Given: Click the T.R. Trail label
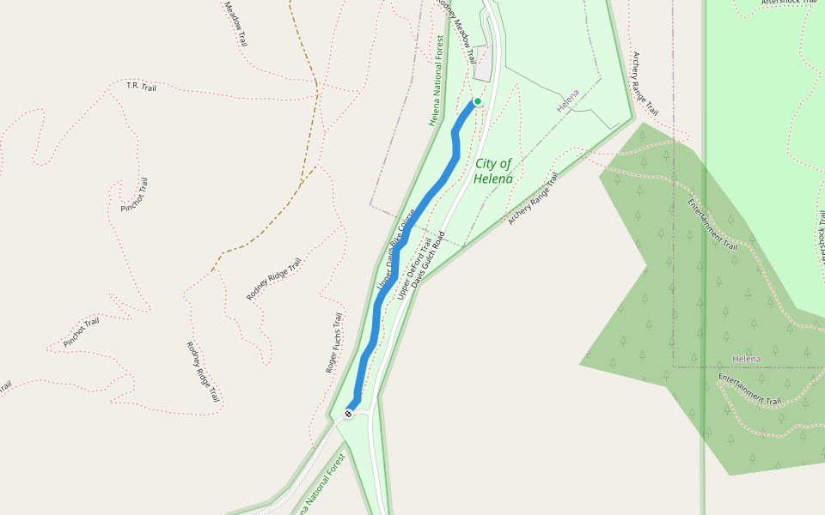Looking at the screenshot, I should [x=141, y=86].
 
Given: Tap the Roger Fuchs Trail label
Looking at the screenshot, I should [x=333, y=342].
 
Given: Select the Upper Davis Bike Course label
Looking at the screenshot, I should [x=396, y=249].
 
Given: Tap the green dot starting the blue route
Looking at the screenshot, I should [x=478, y=101].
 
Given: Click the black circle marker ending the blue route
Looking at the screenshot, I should [x=349, y=414].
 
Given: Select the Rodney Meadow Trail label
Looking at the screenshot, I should [x=456, y=30].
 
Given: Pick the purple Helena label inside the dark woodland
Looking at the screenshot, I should [x=747, y=358].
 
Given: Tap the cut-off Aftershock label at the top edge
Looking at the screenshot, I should [x=786, y=3].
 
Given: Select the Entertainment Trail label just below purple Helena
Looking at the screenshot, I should [x=749, y=389].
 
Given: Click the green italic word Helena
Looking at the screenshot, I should [x=493, y=179].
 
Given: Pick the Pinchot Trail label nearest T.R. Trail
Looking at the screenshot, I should [x=135, y=195].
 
